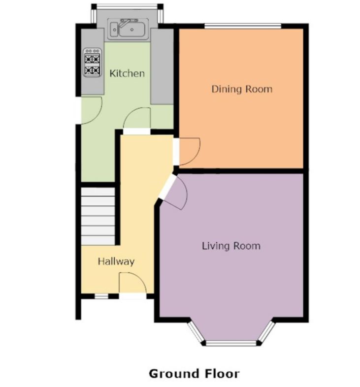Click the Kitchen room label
point(127,73)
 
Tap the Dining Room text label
point(242,89)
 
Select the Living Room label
point(231,246)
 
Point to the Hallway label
point(116,261)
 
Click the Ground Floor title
point(194,373)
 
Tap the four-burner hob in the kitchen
point(92,62)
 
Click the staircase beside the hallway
point(98,215)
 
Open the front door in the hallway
point(132,286)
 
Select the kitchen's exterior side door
point(90,110)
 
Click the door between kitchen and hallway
point(137,121)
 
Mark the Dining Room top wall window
point(242,26)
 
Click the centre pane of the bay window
point(231,342)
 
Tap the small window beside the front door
point(101,296)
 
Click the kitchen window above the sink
point(127,7)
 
